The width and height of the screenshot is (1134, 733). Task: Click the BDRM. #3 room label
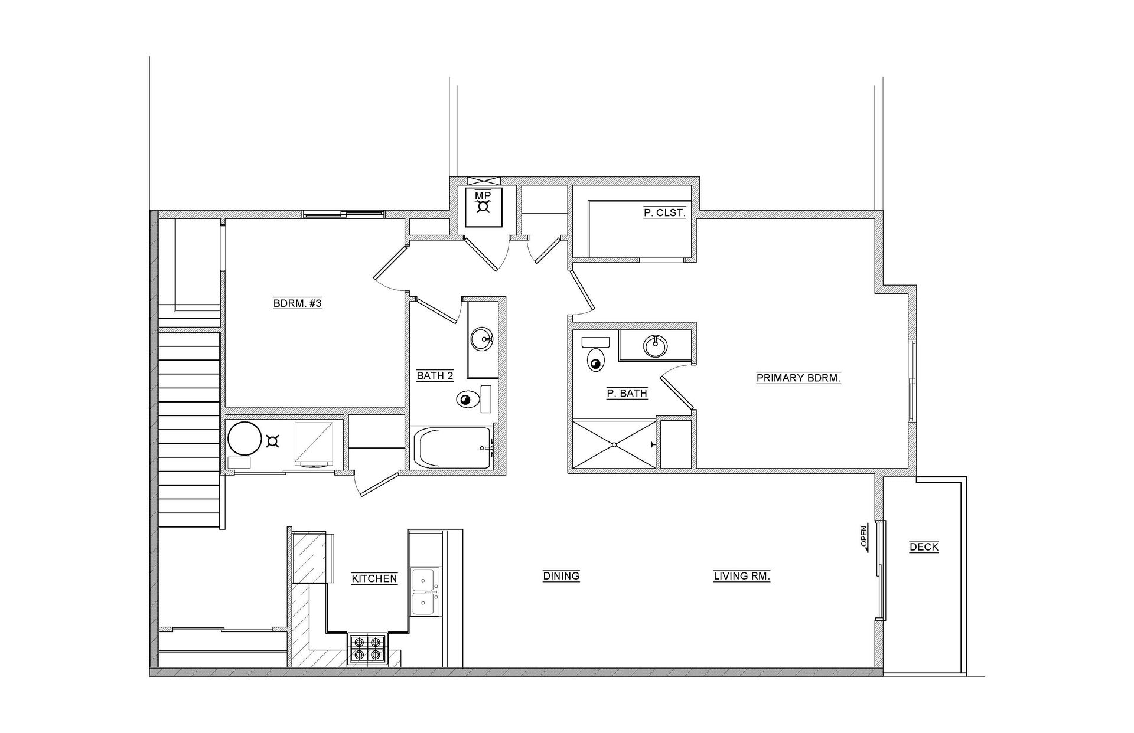tap(297, 304)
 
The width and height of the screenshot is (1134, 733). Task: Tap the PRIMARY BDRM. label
tap(799, 378)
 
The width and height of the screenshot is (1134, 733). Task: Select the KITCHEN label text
tap(374, 579)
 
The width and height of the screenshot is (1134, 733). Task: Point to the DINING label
tap(561, 576)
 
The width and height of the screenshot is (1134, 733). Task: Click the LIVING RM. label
tap(742, 576)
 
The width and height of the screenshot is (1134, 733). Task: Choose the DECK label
tap(924, 547)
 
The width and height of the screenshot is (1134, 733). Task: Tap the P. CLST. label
tap(664, 212)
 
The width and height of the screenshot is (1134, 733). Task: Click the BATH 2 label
tap(435, 376)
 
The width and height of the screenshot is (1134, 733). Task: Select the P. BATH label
tap(627, 394)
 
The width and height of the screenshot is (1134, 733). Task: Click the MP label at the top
tap(483, 195)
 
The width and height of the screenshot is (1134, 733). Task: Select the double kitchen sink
tap(426, 592)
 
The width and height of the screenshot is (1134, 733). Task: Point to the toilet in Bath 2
tap(468, 400)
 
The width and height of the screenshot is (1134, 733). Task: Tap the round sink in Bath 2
tap(483, 339)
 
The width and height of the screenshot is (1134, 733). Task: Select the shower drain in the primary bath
tap(614, 444)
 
